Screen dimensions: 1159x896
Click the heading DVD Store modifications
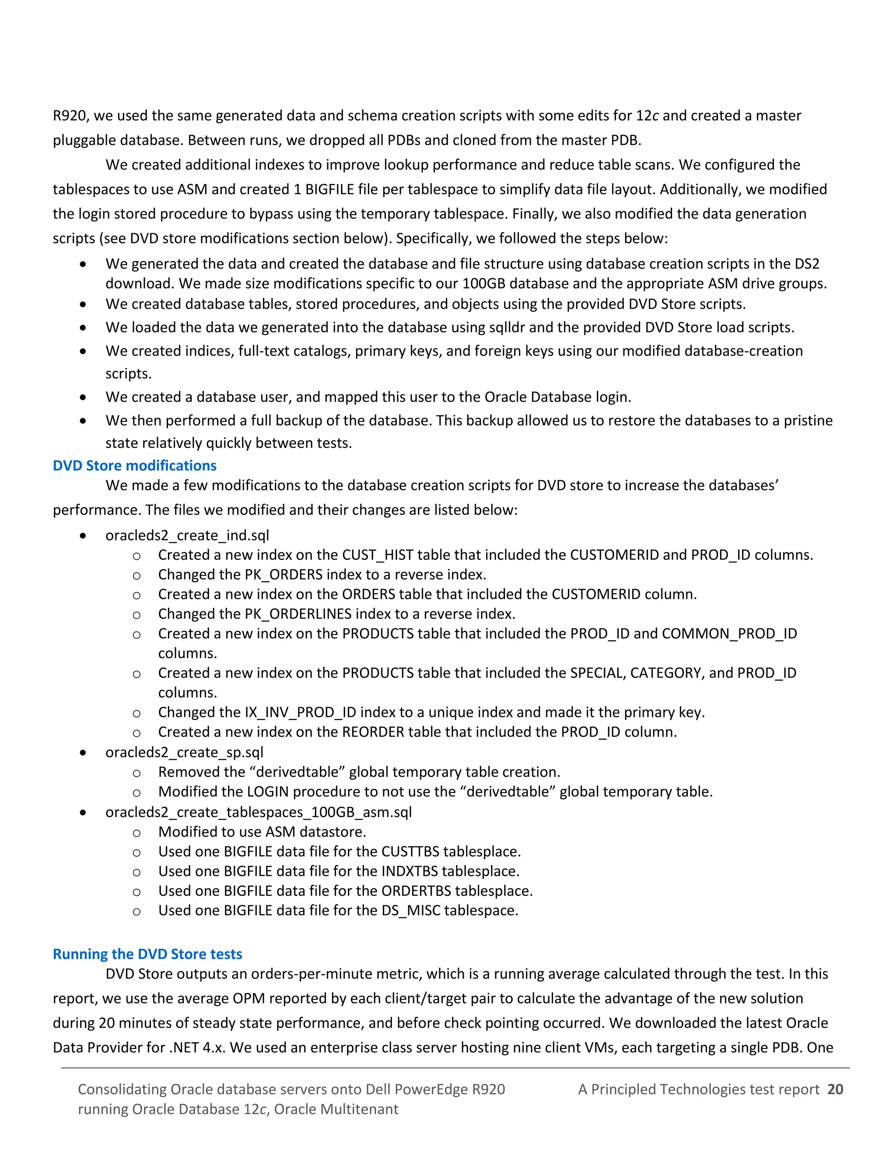(134, 465)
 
